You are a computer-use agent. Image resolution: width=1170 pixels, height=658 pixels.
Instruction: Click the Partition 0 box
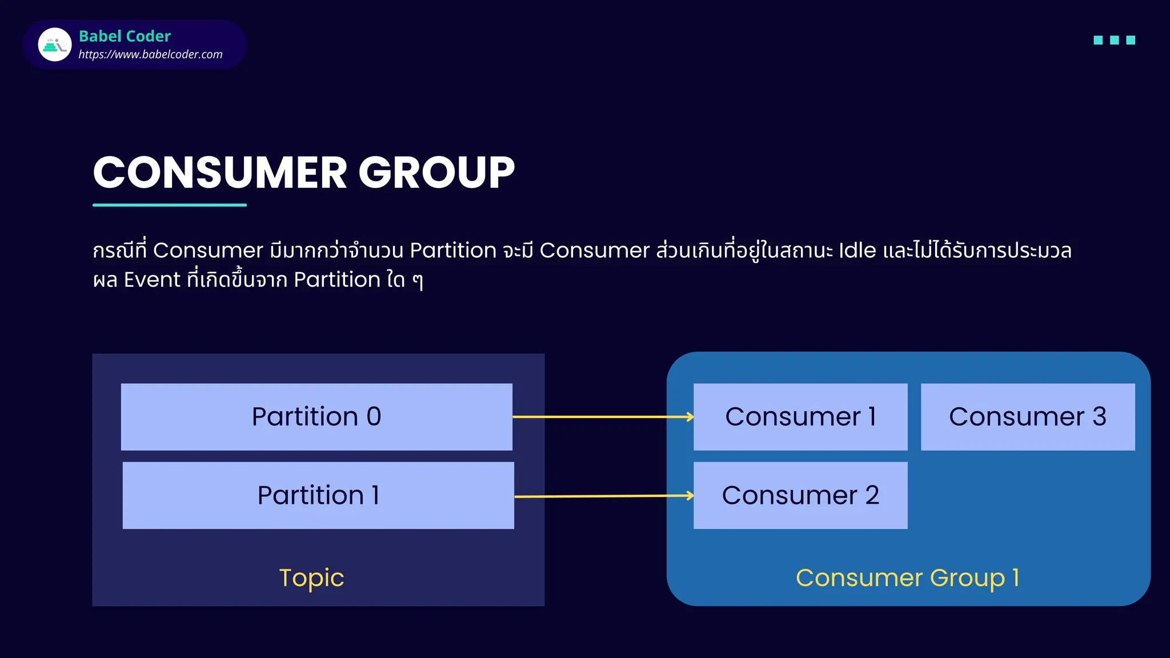click(316, 417)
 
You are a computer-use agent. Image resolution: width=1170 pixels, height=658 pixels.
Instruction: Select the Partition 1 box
click(318, 495)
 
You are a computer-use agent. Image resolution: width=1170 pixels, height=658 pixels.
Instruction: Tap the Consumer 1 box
click(800, 417)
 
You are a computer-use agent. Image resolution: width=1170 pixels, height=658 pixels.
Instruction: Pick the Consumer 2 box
click(800, 495)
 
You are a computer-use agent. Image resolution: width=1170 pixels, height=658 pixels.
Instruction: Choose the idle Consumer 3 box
click(1027, 417)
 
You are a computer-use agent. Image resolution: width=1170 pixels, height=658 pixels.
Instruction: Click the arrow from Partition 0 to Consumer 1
click(603, 417)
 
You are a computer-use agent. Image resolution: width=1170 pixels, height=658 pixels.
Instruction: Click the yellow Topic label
click(311, 578)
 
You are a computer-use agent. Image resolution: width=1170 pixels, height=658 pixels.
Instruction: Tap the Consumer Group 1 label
click(907, 578)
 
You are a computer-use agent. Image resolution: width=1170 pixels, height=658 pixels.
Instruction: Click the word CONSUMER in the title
click(220, 172)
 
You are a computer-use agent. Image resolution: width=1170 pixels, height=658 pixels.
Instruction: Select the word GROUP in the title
click(436, 172)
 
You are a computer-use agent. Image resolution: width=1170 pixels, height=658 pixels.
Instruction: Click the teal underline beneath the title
click(170, 204)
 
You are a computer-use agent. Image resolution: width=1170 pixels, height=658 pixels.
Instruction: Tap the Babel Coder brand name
click(125, 36)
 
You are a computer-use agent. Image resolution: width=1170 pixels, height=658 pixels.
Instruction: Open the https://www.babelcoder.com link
click(150, 54)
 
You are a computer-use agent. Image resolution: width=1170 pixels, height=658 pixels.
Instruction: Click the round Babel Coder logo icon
click(55, 45)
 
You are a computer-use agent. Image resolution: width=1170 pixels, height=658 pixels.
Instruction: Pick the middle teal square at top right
click(1114, 40)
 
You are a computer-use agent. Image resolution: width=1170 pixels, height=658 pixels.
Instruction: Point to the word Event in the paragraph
click(152, 280)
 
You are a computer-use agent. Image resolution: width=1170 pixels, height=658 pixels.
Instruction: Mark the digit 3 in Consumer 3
click(1099, 417)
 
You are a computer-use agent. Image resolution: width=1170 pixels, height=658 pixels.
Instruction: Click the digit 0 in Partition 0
click(374, 416)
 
